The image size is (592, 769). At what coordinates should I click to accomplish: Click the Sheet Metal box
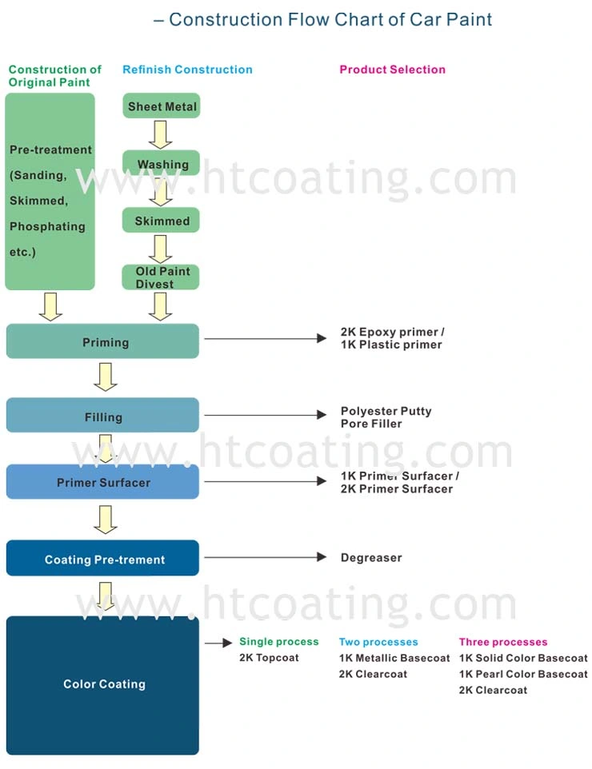tap(162, 106)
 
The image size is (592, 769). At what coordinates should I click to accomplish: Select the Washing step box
tap(162, 163)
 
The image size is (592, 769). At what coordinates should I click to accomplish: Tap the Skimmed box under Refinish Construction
tap(161, 220)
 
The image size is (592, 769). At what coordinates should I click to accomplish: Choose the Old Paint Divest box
tap(161, 277)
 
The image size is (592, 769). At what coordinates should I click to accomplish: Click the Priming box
tap(102, 341)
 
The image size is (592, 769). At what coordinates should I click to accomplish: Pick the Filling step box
tap(102, 416)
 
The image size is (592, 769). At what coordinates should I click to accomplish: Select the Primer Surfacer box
tap(102, 481)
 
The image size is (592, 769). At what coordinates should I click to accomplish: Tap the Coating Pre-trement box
tap(102, 558)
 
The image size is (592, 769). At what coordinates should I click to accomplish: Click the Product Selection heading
tap(393, 70)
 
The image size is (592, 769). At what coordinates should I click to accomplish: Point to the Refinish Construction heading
tap(187, 70)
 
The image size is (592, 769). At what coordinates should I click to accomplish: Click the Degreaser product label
tap(371, 558)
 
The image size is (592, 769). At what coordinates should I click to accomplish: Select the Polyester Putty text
tap(386, 411)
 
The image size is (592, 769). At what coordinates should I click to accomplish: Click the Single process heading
tap(279, 641)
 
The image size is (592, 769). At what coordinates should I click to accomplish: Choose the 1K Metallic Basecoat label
tap(394, 658)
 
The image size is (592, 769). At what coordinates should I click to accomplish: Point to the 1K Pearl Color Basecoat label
tap(523, 675)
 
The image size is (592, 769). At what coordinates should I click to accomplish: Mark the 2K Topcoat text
tap(269, 658)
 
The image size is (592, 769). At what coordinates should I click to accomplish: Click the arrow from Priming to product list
tap(266, 338)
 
